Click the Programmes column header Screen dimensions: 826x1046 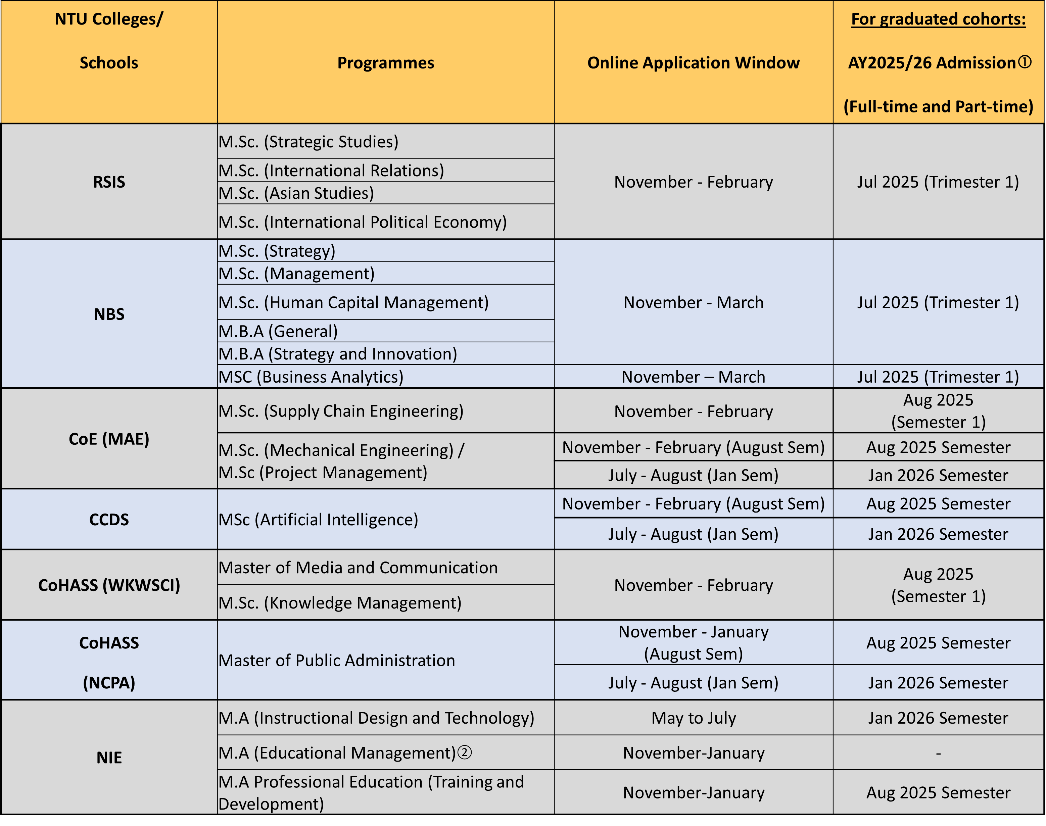[385, 63]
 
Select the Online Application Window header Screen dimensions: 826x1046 [693, 63]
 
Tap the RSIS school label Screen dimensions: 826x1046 [109, 182]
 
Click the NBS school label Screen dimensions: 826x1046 [109, 314]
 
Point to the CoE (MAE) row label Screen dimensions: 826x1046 [109, 439]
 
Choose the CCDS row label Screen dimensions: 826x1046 [109, 519]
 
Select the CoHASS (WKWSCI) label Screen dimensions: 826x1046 [109, 585]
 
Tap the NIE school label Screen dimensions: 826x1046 [109, 757]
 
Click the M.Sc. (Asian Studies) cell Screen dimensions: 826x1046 [296, 193]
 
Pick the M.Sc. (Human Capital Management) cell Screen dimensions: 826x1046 [353, 302]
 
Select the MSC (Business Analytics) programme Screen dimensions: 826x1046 [311, 377]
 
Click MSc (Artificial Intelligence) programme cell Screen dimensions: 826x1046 [318, 519]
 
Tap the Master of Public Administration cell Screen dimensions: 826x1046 [337, 660]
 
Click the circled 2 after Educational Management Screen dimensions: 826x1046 [464, 752]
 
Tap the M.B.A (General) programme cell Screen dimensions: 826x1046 [278, 331]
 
